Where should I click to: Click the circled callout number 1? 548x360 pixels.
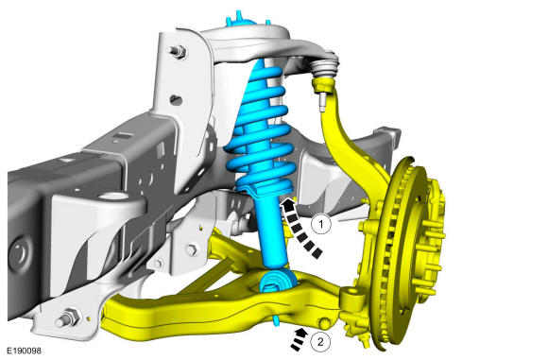pyautogui.click(x=321, y=224)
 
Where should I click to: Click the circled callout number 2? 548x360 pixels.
pyautogui.click(x=320, y=341)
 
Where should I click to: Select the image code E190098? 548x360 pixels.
pyautogui.click(x=25, y=351)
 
